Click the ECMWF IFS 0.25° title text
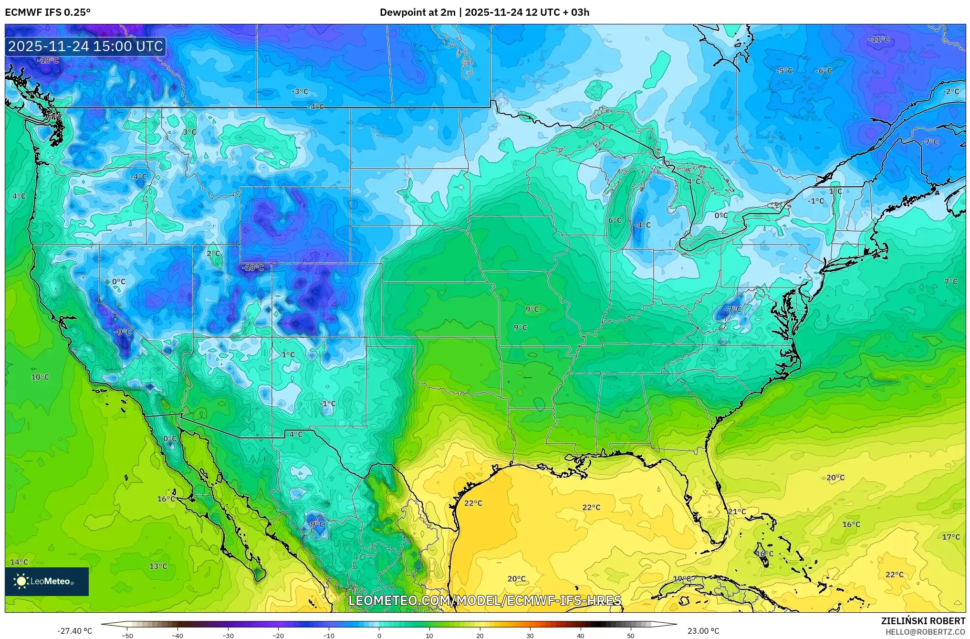(x=47, y=12)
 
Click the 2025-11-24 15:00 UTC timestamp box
(x=85, y=46)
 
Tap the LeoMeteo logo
(x=47, y=581)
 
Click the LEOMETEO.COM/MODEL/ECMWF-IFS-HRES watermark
(x=485, y=600)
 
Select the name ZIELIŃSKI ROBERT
(x=923, y=621)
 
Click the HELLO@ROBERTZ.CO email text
(x=925, y=631)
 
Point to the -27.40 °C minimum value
(x=74, y=631)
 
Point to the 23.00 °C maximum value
(x=703, y=631)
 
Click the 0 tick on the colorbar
(x=379, y=635)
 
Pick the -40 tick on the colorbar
(x=177, y=635)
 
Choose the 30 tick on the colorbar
(x=530, y=635)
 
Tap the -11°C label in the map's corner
(x=878, y=40)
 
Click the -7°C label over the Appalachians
(x=733, y=309)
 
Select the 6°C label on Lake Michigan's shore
(x=615, y=220)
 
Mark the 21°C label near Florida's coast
(x=737, y=511)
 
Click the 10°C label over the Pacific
(x=40, y=377)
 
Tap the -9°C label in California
(x=123, y=332)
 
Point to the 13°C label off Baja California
(x=158, y=566)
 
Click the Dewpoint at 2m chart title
(x=484, y=12)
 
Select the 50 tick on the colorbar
(x=631, y=635)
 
